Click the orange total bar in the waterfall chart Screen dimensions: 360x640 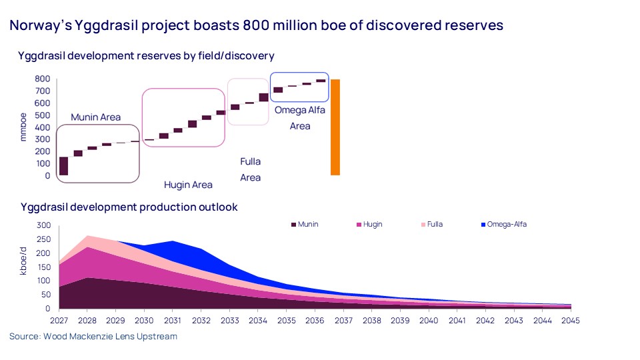click(335, 127)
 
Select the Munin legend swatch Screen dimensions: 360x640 click(293, 225)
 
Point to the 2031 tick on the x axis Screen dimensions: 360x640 click(173, 321)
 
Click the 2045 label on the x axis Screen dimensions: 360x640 click(571, 321)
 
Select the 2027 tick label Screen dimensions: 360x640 click(59, 321)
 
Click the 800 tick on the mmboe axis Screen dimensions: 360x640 click(43, 79)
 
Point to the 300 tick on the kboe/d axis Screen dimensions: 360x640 click(43, 225)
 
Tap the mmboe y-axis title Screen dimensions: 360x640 click(23, 127)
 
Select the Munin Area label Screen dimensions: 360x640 click(97, 117)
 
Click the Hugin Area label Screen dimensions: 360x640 click(189, 185)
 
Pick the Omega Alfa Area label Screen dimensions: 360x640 click(300, 117)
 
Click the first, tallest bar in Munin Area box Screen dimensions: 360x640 click(64, 166)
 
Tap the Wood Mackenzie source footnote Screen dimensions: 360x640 click(93, 337)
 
